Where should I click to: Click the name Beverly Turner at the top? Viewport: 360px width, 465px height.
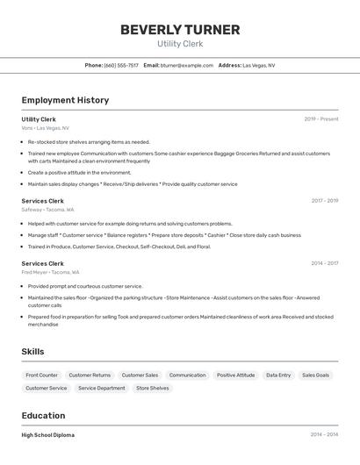pyautogui.click(x=180, y=30)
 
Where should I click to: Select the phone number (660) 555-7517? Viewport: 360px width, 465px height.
pyautogui.click(x=121, y=65)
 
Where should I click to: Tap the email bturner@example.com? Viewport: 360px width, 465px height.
pyautogui.click(x=187, y=65)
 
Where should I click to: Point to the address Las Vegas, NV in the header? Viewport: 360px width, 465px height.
pyautogui.click(x=259, y=65)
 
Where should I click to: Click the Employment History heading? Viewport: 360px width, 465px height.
pyautogui.click(x=65, y=100)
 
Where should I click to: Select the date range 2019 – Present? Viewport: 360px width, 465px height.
pyautogui.click(x=321, y=119)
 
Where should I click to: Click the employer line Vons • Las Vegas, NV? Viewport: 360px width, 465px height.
pyautogui.click(x=46, y=128)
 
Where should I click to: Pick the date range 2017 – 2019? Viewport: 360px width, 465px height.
pyautogui.click(x=324, y=201)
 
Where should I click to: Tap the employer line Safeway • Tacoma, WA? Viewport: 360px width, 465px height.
pyautogui.click(x=47, y=210)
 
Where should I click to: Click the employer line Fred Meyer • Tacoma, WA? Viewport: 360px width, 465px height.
pyautogui.click(x=50, y=272)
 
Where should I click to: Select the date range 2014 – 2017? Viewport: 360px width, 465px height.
pyautogui.click(x=324, y=263)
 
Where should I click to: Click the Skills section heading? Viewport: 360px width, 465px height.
pyautogui.click(x=33, y=352)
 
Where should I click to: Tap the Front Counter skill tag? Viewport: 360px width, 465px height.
pyautogui.click(x=42, y=375)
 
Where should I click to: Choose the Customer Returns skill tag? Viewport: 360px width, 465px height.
pyautogui.click(x=90, y=375)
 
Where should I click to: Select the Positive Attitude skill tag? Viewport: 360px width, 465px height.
pyautogui.click(x=236, y=375)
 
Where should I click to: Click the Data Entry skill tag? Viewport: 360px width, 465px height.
pyautogui.click(x=278, y=375)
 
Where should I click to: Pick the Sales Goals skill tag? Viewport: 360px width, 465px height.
pyautogui.click(x=316, y=375)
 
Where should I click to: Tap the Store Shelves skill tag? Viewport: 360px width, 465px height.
pyautogui.click(x=153, y=388)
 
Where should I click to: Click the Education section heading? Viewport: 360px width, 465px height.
pyautogui.click(x=43, y=416)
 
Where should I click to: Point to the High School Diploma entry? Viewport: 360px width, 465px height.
pyautogui.click(x=48, y=435)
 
